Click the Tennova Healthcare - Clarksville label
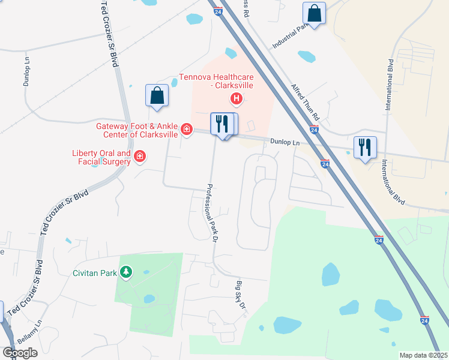pos(217,82)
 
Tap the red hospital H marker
pos(237,98)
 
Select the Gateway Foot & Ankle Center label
pos(137,130)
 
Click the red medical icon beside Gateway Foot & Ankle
pos(187,129)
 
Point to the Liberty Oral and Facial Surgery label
pos(101,157)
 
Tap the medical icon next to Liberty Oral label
pos(140,157)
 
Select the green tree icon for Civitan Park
pos(125,273)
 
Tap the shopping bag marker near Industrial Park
pos(314,13)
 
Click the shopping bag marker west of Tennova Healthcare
pos(157,95)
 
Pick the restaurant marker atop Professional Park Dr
pos(221,124)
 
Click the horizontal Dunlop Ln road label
pos(285,143)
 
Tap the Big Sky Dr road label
pos(241,296)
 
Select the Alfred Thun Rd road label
pos(306,101)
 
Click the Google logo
pos(20,353)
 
